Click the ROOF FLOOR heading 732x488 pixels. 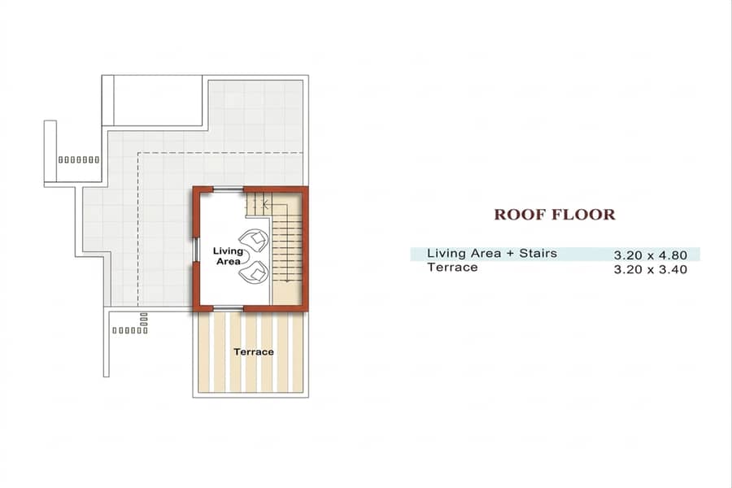pos(555,215)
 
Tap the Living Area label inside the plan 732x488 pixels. pos(228,256)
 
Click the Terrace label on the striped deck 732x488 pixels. pos(254,351)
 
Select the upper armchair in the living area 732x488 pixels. pos(254,240)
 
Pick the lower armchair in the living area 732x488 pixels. pos(254,272)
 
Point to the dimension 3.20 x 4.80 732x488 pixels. pos(651,255)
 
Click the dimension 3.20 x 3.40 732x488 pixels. pos(651,269)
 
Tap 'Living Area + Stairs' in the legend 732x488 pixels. pos(492,253)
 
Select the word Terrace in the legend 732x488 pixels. pos(452,267)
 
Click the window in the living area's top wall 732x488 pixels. pos(229,190)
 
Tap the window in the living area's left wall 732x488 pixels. pos(196,250)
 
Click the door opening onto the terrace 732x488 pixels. pos(229,308)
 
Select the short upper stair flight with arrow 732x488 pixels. pos(258,204)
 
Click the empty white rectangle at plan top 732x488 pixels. pos(158,100)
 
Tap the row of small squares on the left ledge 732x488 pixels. pos(79,159)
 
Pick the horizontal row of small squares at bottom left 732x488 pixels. pos(130,331)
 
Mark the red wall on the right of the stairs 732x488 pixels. pos(305,249)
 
